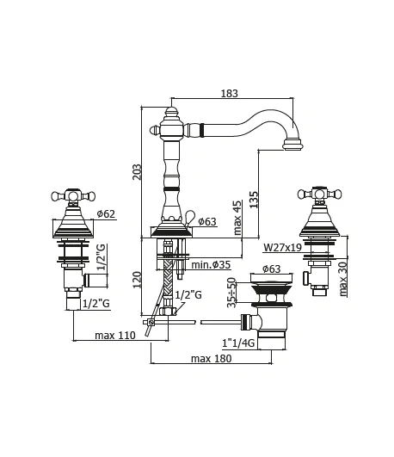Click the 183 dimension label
[230, 93]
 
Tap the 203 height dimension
[137, 172]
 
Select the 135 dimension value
[254, 200]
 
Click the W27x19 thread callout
[282, 248]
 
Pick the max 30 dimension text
[343, 279]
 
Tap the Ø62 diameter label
[106, 214]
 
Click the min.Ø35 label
[211, 265]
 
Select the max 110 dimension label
[115, 335]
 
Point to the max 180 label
[212, 359]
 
